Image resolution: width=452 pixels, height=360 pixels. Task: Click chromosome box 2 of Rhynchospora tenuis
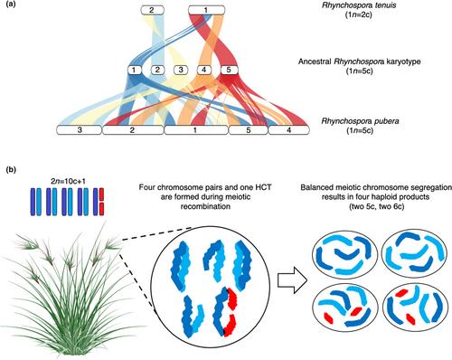pos(152,11)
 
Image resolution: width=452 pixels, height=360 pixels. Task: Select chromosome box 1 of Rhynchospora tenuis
pos(206,11)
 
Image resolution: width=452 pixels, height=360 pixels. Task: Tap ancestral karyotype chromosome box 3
pos(181,71)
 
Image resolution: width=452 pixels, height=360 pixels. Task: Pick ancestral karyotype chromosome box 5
pos(229,71)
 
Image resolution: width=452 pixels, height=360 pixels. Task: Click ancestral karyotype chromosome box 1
pos(135,71)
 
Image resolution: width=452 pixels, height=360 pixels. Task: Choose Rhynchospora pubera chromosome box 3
pos(80,130)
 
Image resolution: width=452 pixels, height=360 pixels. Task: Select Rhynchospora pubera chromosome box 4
pos(288,130)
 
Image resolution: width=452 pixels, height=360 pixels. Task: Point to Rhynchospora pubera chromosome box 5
pos(248,130)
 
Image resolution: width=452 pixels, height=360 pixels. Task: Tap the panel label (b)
pos(11,170)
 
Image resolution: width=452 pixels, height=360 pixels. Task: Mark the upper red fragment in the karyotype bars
pos(101,195)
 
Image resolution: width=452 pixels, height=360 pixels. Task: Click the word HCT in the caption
pos(264,187)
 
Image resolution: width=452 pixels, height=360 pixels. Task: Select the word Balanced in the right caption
pos(313,187)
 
